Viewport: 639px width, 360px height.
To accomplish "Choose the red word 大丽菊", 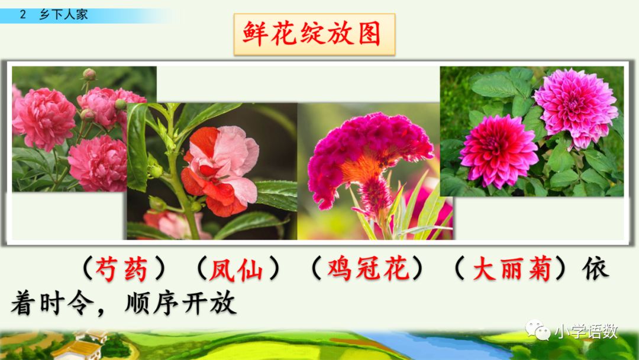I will point(512,271).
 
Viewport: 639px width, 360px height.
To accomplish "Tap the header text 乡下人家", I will point(63,15).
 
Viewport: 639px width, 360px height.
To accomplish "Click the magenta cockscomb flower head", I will point(370,148).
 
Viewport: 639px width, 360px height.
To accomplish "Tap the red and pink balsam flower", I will point(219,169).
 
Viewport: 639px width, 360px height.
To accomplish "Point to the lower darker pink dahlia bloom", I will point(490,151).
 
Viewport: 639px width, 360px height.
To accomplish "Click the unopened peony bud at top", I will point(89,75).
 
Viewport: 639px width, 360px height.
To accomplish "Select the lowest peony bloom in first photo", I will point(98,163).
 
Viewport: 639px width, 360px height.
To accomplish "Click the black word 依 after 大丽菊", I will point(595,271).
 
